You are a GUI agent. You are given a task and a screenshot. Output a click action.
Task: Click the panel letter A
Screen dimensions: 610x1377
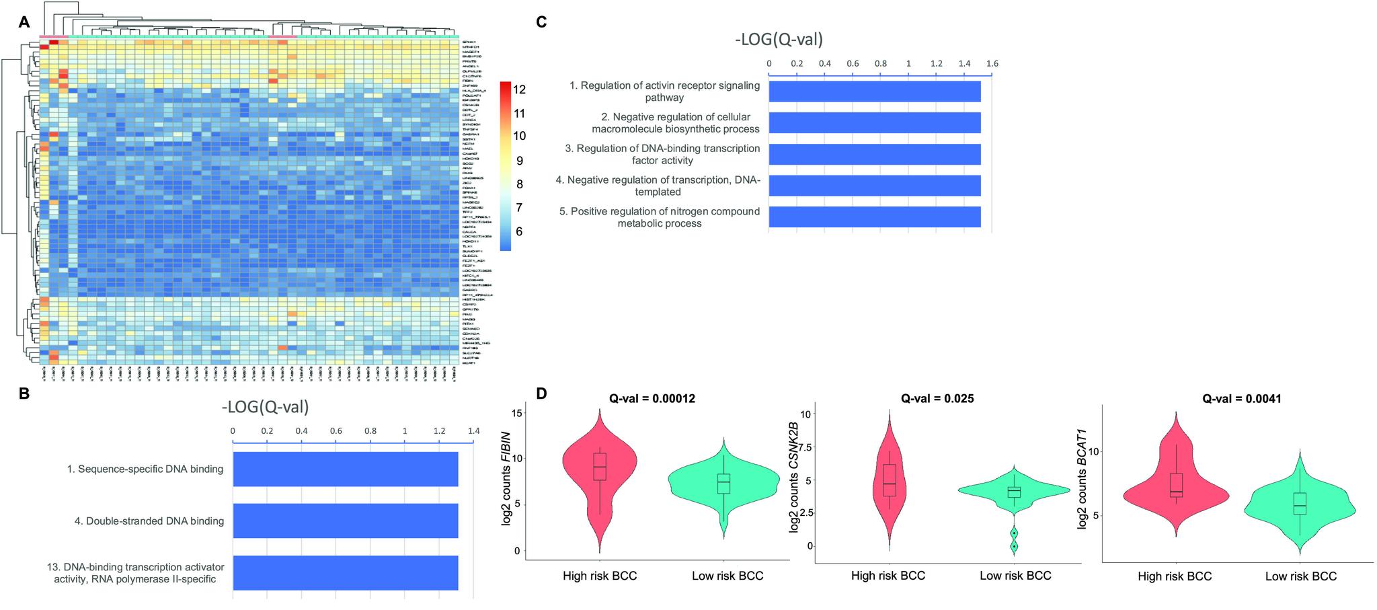click(x=24, y=22)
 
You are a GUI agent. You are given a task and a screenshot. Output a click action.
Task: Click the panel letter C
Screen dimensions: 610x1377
click(x=541, y=22)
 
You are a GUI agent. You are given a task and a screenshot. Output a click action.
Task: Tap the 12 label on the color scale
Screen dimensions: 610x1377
click(x=520, y=89)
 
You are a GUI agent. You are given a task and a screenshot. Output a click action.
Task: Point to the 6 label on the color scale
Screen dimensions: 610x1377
click(x=520, y=231)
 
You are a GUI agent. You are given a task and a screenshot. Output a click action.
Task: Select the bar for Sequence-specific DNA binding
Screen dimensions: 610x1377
click(x=345, y=469)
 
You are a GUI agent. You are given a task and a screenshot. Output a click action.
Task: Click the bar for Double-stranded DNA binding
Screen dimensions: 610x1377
click(x=345, y=521)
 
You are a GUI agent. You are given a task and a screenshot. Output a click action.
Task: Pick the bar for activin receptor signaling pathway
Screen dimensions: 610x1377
click(x=874, y=91)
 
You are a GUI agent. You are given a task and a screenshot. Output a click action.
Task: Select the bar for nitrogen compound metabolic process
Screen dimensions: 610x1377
click(x=874, y=217)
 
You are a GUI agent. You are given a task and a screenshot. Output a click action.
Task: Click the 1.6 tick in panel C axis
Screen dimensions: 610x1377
click(x=992, y=63)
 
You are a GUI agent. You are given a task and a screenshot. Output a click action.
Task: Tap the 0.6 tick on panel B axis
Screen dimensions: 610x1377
click(x=336, y=430)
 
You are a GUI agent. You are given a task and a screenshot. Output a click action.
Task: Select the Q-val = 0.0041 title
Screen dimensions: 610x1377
click(x=1242, y=399)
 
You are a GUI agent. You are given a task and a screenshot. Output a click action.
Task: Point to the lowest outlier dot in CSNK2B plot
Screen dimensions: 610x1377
click(x=1014, y=546)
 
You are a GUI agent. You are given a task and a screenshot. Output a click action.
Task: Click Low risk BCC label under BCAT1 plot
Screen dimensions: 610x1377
click(x=1300, y=576)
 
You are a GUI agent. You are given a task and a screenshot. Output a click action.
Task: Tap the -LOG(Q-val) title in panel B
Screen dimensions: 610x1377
click(x=265, y=407)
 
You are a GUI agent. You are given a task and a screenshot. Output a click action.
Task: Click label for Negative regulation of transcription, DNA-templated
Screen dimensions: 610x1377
click(x=657, y=186)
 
